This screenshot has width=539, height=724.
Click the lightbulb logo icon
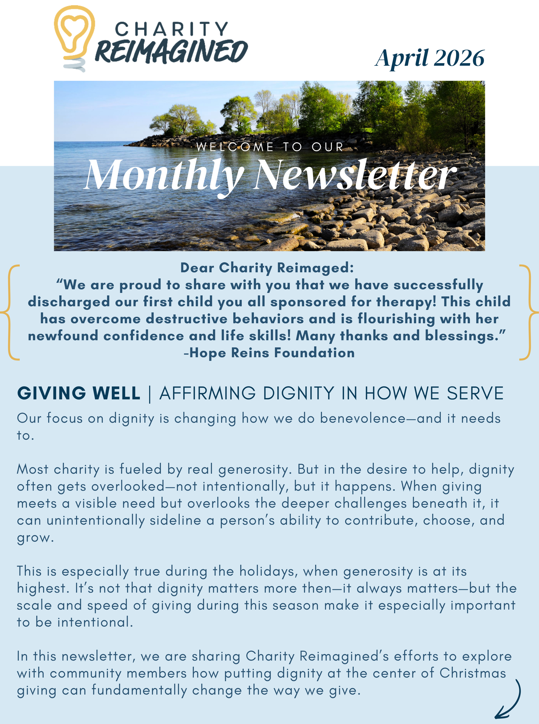click(x=74, y=38)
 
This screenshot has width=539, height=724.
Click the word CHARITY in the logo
click(x=171, y=30)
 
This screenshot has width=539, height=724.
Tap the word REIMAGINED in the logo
click(x=171, y=52)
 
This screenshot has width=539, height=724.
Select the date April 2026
click(x=430, y=58)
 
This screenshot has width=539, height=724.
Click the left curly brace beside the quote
click(x=10, y=312)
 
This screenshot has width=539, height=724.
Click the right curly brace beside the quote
click(x=529, y=312)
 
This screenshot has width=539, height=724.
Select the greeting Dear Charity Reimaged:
click(x=267, y=268)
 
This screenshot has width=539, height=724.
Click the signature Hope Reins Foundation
click(x=272, y=353)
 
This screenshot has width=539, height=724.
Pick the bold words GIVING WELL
click(x=79, y=393)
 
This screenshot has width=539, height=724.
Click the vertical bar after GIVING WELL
click(x=150, y=394)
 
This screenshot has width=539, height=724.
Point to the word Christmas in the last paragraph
click(x=472, y=673)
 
